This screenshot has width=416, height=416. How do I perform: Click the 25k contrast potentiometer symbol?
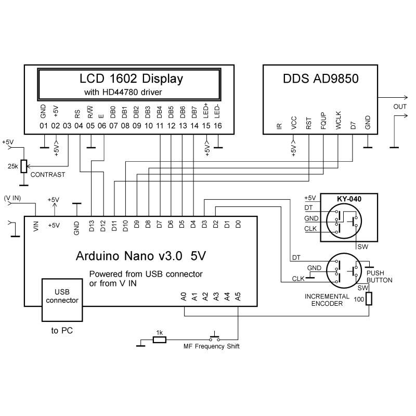(x=23, y=166)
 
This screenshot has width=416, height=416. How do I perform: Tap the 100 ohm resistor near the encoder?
(x=369, y=298)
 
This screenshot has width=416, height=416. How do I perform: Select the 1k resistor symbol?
(x=160, y=340)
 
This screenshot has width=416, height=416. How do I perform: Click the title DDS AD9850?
(x=321, y=80)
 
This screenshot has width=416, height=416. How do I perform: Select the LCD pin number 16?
(x=217, y=126)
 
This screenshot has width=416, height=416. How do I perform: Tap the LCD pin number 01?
(x=43, y=126)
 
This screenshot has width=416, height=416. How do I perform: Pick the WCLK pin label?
(x=337, y=123)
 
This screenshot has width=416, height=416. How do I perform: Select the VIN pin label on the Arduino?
(x=35, y=227)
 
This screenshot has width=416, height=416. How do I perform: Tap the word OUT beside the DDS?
(x=400, y=107)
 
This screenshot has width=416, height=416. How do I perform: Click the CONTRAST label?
(x=48, y=175)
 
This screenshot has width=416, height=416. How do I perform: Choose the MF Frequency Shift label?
(x=212, y=346)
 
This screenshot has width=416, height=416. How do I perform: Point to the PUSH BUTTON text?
(x=379, y=276)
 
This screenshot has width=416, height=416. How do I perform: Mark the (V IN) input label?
(x=12, y=198)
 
